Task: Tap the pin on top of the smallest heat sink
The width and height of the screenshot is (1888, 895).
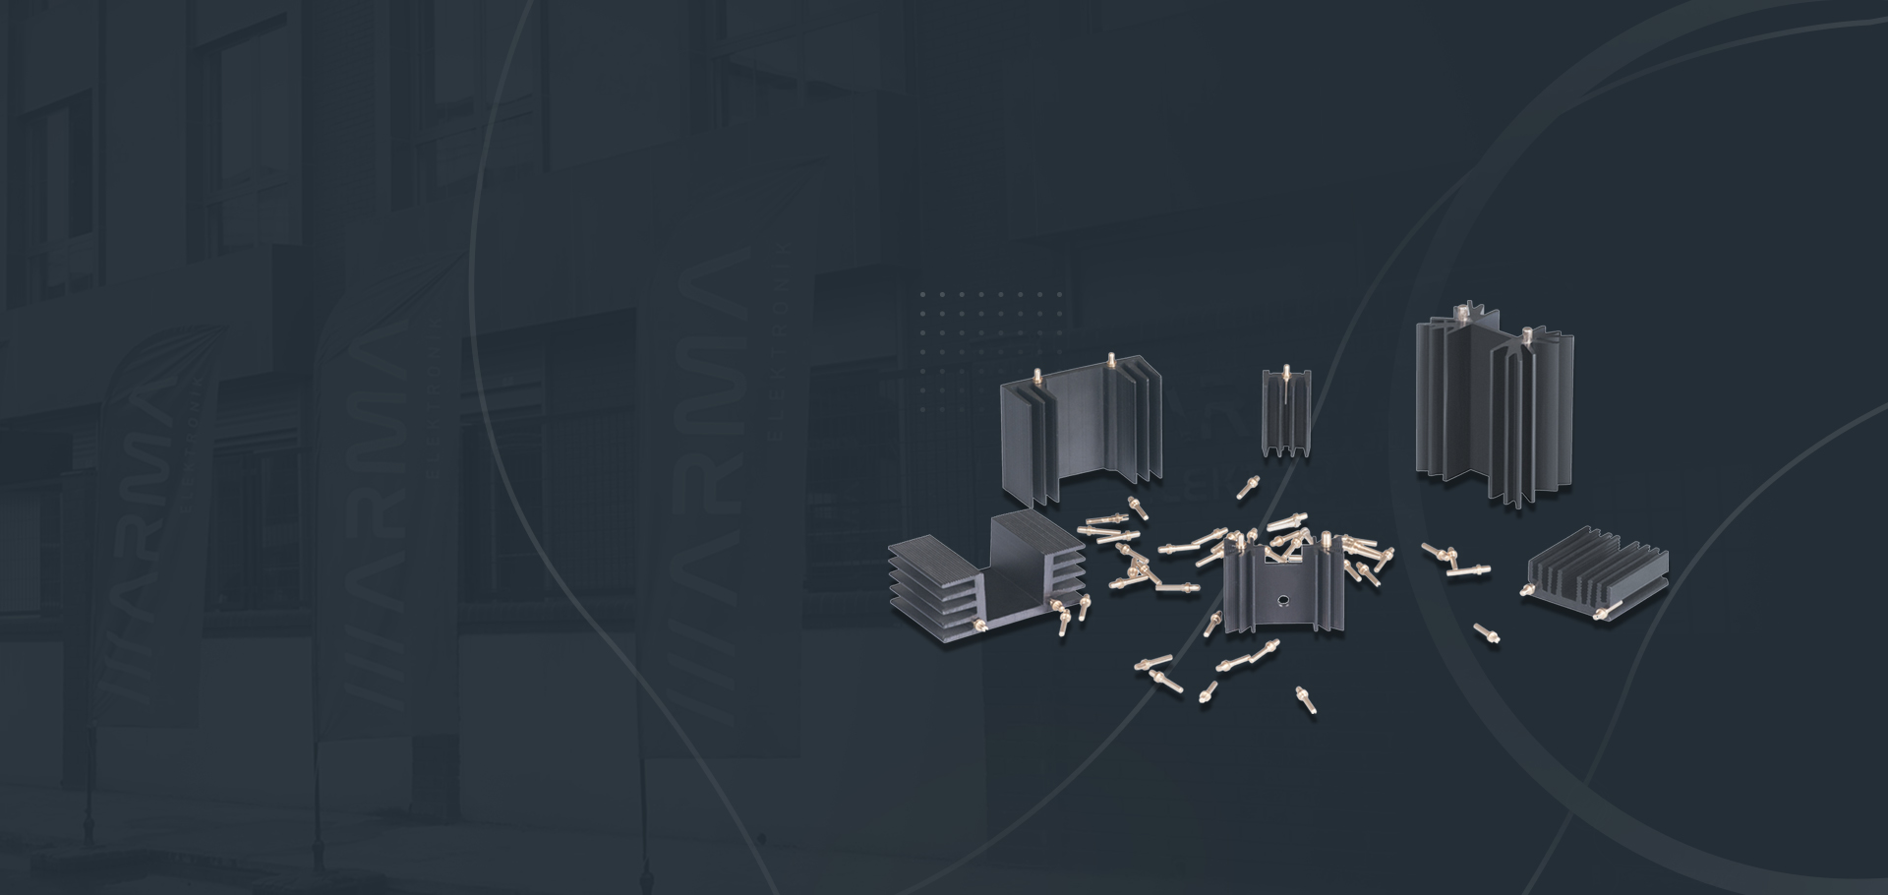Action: coord(1286,373)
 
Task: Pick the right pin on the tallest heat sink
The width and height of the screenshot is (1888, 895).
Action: coord(1529,336)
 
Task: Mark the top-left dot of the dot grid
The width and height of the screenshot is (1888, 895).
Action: coord(923,294)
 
